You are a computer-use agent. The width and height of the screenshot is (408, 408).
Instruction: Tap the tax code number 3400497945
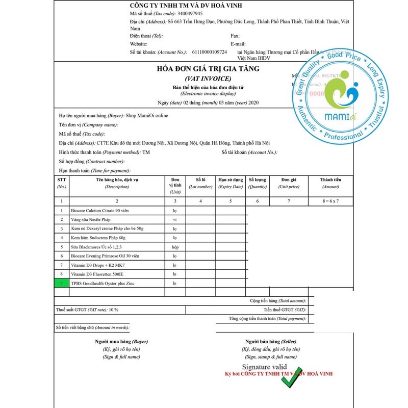pos(187,13)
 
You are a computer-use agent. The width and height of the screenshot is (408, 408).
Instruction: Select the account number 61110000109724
pos(210,52)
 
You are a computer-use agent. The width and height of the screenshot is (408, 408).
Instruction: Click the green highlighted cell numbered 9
pos(62,283)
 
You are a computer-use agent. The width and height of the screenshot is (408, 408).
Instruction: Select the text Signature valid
pos(264,367)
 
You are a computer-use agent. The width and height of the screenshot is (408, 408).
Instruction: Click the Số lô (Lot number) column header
pos(200,183)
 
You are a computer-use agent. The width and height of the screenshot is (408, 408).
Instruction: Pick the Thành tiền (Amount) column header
pos(330,183)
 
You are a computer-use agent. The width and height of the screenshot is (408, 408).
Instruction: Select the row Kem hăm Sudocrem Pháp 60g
pos(98,237)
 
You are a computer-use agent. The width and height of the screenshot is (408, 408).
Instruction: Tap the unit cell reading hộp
pos(175,246)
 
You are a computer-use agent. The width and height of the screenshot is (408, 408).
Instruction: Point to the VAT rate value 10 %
pos(113,310)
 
